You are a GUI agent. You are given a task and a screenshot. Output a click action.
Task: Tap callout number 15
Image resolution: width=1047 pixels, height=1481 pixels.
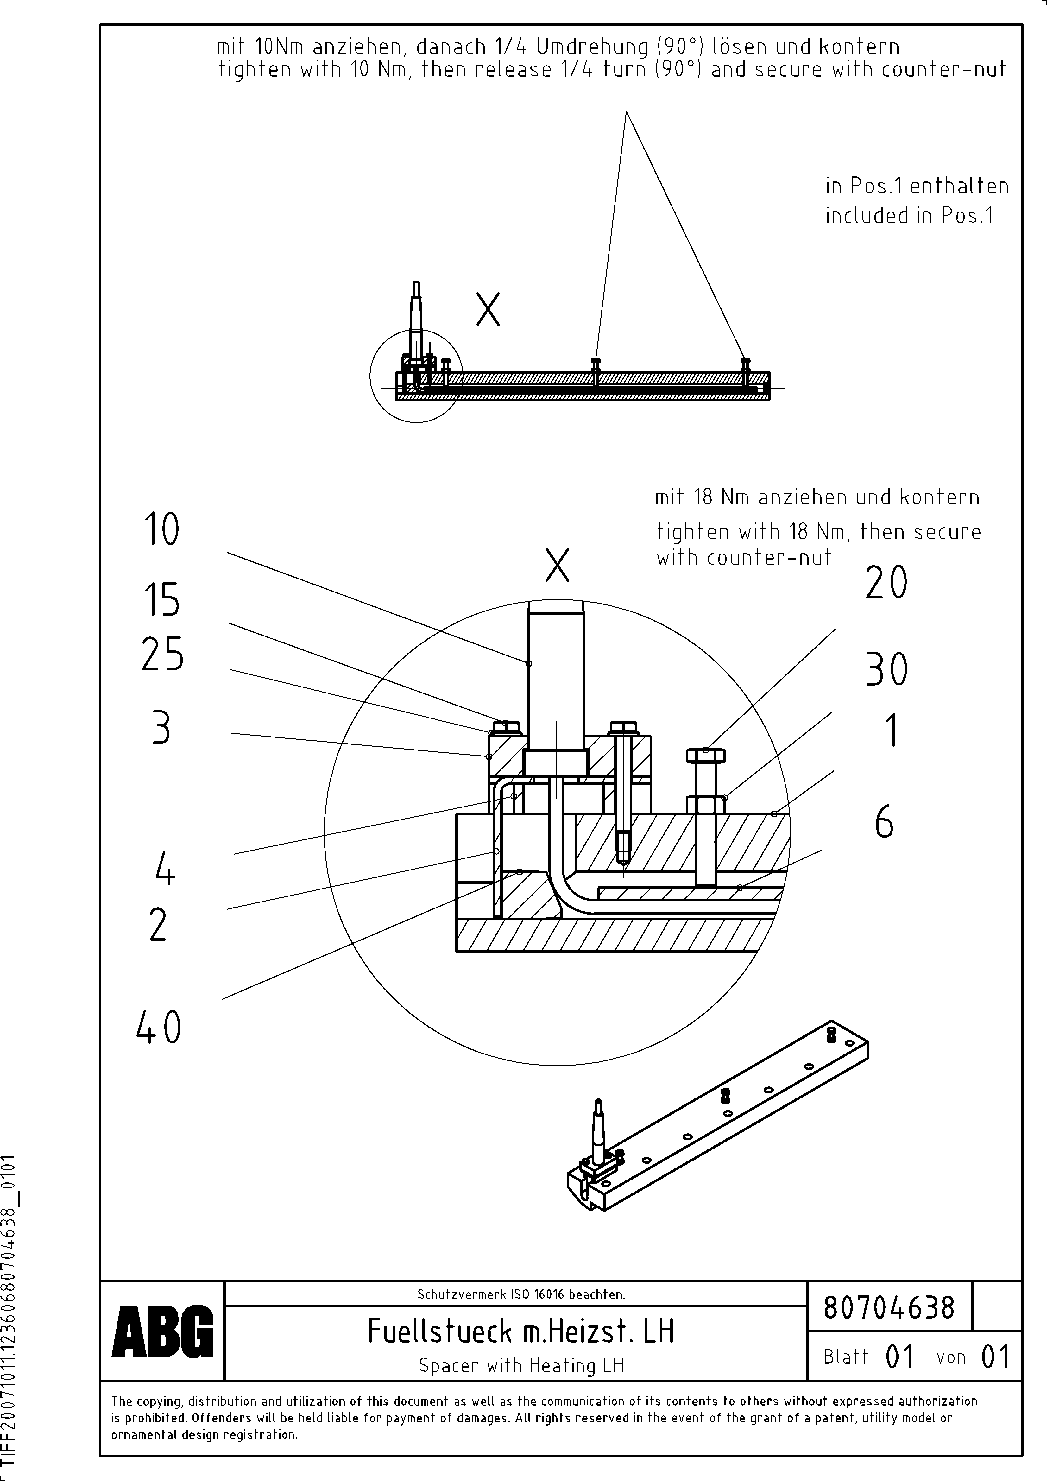tap(161, 599)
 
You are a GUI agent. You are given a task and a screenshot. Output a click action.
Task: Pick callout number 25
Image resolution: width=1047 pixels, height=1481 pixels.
tap(162, 654)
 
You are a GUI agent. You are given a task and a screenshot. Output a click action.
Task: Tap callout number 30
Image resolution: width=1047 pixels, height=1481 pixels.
tap(886, 669)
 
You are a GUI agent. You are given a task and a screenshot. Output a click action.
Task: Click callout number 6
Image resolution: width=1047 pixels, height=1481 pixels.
tap(885, 823)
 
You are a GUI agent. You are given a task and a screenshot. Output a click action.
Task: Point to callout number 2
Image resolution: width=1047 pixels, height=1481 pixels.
tap(158, 925)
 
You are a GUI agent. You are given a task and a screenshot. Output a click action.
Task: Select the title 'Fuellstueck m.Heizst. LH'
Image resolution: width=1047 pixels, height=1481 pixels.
tap(520, 1331)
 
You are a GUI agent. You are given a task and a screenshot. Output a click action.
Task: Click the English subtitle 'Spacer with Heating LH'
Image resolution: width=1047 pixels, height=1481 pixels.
tap(521, 1365)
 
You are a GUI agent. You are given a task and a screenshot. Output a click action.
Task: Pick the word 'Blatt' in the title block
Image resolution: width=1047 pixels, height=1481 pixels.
tap(846, 1357)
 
